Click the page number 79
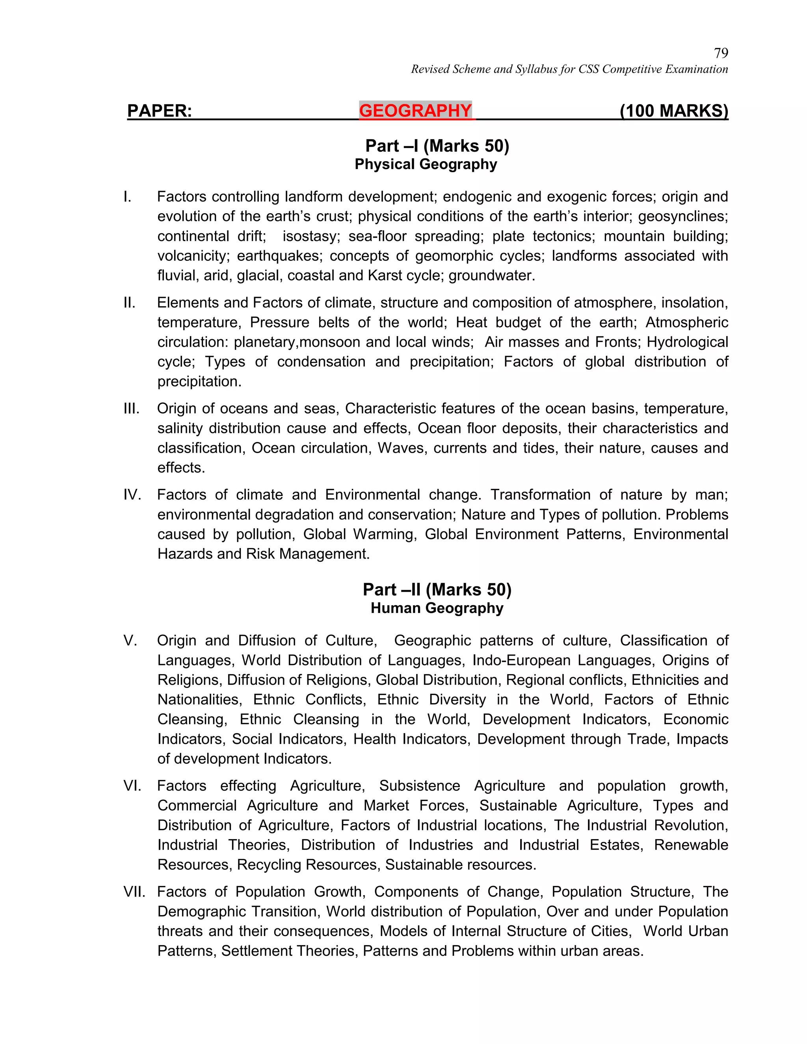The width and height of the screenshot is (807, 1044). (720, 52)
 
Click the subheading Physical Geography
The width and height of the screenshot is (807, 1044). (426, 164)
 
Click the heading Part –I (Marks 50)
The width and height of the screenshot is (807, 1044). (437, 146)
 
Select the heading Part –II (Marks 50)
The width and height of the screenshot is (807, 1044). (437, 589)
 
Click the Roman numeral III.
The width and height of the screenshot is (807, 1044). (132, 409)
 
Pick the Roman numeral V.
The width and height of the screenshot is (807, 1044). (130, 641)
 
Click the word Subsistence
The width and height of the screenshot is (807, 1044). (419, 786)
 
